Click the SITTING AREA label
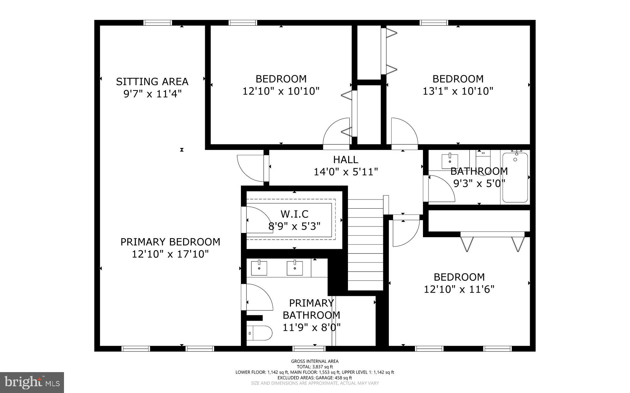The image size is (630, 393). (x=152, y=82)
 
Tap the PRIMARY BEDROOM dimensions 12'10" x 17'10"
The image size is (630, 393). (x=170, y=254)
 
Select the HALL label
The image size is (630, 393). (x=345, y=160)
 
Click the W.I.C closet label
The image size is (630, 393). (x=294, y=214)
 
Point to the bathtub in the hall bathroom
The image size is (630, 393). (x=515, y=178)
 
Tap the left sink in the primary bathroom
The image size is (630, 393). (x=259, y=268)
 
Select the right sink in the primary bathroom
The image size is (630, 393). (x=295, y=268)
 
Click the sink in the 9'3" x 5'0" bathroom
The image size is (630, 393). (x=450, y=161)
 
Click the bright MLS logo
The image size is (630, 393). (x=32, y=382)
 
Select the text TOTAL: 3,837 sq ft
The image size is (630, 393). (x=315, y=367)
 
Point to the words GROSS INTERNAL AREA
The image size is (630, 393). (x=315, y=361)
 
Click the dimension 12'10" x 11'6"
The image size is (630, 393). (x=459, y=289)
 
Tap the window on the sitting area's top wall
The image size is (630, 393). (x=158, y=23)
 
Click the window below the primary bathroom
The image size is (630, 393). (x=309, y=348)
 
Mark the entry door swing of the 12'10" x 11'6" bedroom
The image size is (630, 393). (x=405, y=233)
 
